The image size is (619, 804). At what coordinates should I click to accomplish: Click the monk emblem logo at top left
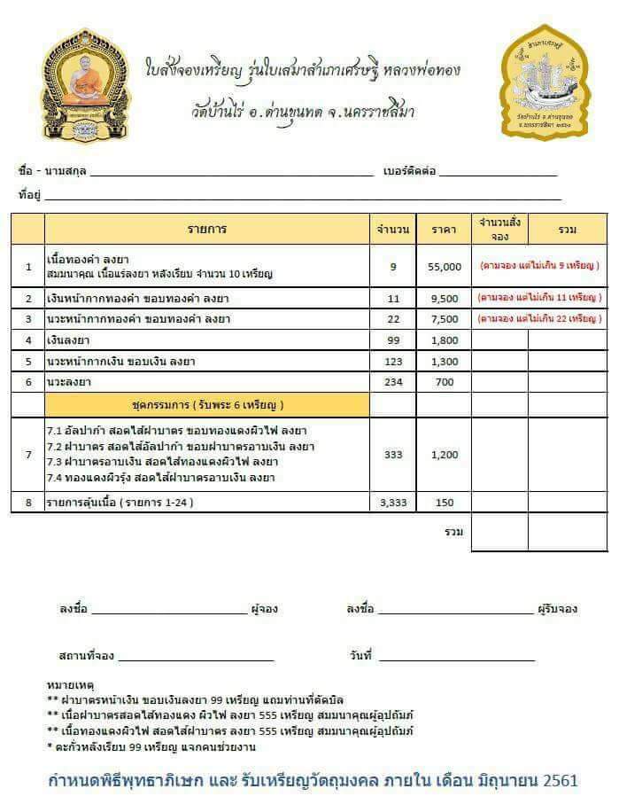pyautogui.click(x=85, y=84)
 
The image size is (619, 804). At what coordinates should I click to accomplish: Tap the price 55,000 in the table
pyautogui.click(x=444, y=266)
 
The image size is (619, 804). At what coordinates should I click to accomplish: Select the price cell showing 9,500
pyautogui.click(x=444, y=297)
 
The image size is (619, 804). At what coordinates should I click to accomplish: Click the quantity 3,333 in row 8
pyautogui.click(x=392, y=503)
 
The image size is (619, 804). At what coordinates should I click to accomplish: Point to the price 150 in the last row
pyautogui.click(x=444, y=503)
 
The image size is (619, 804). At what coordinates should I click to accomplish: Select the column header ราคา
pyautogui.click(x=444, y=230)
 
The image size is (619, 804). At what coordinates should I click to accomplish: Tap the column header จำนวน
pyautogui.click(x=392, y=230)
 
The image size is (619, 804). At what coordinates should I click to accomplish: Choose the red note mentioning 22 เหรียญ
pyautogui.click(x=539, y=318)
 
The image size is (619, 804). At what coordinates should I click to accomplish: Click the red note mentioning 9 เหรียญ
pyautogui.click(x=539, y=265)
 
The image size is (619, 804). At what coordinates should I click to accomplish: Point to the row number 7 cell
pyautogui.click(x=28, y=455)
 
